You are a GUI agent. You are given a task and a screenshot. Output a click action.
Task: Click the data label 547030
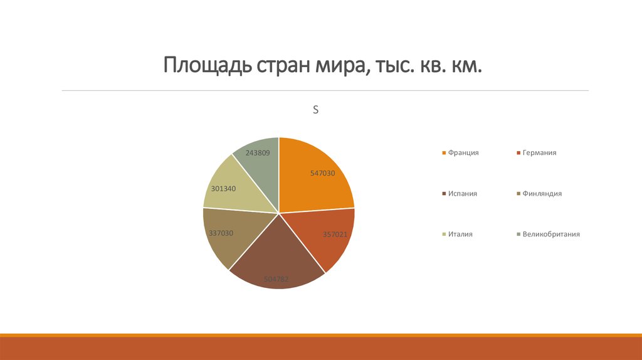click(x=323, y=173)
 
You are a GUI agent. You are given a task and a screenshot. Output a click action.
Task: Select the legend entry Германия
click(x=540, y=152)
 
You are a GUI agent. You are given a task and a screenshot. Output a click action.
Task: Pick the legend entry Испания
click(x=463, y=193)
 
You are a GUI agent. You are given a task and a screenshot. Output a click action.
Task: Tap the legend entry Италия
click(x=460, y=234)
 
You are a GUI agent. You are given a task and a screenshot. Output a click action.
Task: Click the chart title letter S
click(x=316, y=110)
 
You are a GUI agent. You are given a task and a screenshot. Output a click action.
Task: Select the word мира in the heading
click(x=339, y=65)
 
